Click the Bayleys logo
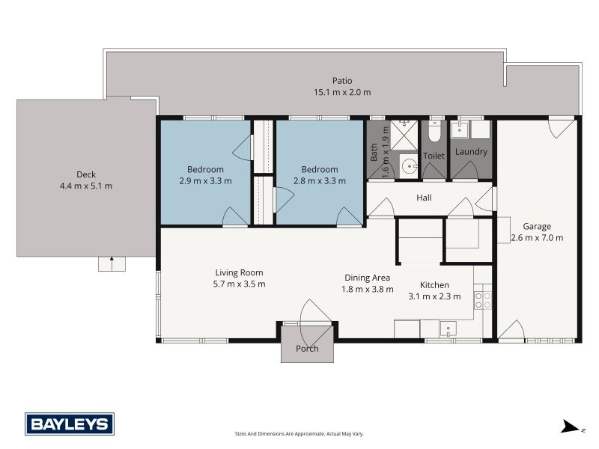click(x=70, y=424)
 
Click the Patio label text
click(x=342, y=81)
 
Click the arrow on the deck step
click(x=112, y=263)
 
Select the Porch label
click(x=307, y=349)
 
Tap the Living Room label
click(x=239, y=272)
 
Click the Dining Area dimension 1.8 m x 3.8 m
click(x=367, y=289)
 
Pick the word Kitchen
click(x=434, y=284)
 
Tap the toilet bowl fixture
click(x=434, y=132)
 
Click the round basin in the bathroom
click(x=408, y=166)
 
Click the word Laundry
click(x=471, y=152)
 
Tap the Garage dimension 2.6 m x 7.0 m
click(x=537, y=237)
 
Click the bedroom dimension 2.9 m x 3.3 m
click(x=205, y=180)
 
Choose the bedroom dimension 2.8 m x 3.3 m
click(x=320, y=180)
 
